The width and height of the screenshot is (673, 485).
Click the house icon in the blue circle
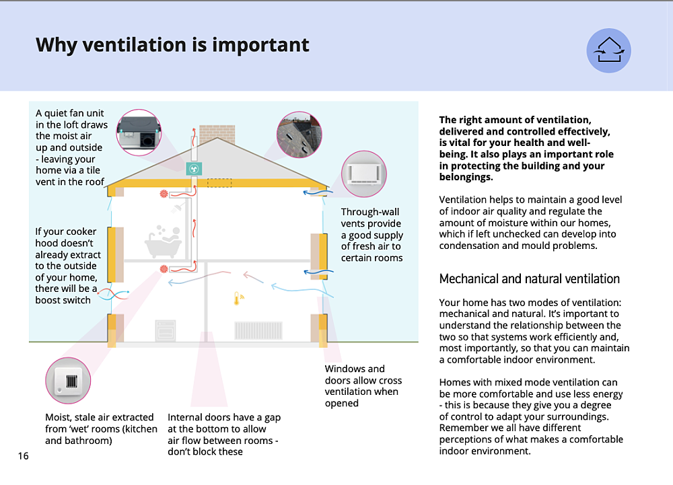click(x=608, y=50)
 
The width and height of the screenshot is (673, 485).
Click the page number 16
click(x=24, y=456)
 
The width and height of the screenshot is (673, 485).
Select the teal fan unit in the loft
click(x=194, y=168)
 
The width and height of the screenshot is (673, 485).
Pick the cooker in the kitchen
click(x=165, y=331)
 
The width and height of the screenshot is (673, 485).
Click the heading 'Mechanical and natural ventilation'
click(x=529, y=278)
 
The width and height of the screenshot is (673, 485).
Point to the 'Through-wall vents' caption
click(x=371, y=235)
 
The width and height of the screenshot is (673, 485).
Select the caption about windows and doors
click(x=363, y=385)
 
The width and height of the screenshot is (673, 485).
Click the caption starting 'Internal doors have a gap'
click(x=224, y=434)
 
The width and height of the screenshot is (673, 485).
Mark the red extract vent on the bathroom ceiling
click(x=163, y=194)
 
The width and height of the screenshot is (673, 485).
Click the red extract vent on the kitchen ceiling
click(x=163, y=269)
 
